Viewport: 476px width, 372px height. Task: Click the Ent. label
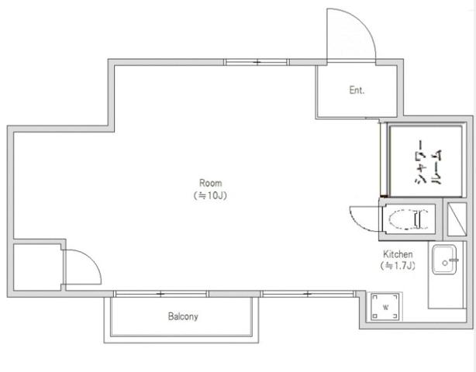(357, 90)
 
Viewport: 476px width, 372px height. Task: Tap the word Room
(210, 183)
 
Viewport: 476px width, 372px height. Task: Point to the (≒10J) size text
(210, 196)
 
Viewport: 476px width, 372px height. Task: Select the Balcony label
(183, 316)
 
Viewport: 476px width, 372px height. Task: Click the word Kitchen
(398, 254)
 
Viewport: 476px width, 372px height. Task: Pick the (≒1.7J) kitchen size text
(398, 266)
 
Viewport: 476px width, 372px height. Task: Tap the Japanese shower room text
(429, 162)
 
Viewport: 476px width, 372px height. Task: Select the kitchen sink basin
(444, 260)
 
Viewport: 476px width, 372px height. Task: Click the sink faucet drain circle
(445, 263)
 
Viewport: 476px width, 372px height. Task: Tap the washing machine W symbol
(385, 307)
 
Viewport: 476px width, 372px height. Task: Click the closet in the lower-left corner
(37, 267)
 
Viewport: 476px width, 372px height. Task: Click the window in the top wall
(257, 62)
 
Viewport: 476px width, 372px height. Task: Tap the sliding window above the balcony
(161, 294)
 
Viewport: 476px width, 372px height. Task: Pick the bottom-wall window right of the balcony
(308, 294)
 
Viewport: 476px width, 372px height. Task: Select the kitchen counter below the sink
(446, 292)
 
